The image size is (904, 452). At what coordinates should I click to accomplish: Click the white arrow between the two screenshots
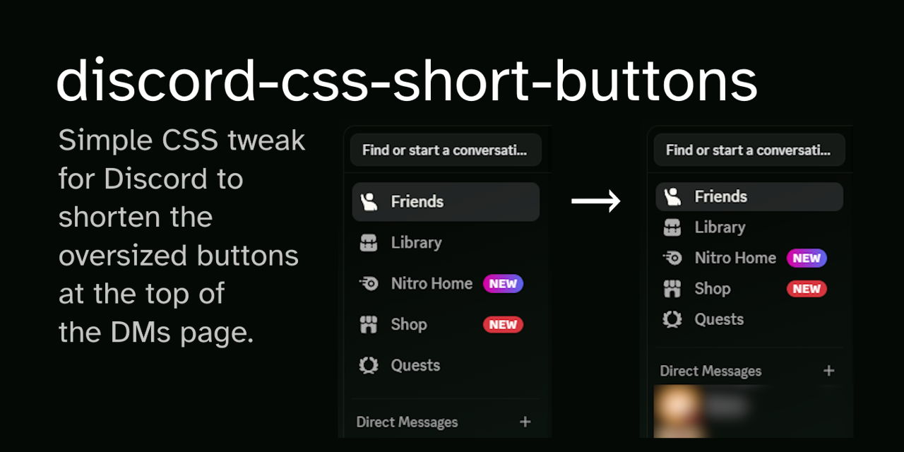coord(595,202)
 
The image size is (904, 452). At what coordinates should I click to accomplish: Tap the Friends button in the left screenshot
coord(446,202)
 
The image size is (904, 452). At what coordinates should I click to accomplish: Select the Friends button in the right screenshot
coord(749,197)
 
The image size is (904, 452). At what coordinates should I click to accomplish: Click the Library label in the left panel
coord(416,243)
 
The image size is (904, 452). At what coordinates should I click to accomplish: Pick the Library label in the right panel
coord(720,227)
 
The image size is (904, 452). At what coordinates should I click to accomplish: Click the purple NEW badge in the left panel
coord(503,284)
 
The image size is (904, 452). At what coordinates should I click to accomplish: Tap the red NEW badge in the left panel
coord(503,325)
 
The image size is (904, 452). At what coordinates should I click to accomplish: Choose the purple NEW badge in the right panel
coord(807,258)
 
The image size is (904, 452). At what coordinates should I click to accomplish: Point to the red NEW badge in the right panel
coord(807,289)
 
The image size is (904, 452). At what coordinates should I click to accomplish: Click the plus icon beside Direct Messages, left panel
coord(525,422)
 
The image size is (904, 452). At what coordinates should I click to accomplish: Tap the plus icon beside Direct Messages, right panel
coord(828,371)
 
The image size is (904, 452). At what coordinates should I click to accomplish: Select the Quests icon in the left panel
coord(369,366)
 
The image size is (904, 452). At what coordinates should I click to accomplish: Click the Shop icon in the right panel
coord(672,289)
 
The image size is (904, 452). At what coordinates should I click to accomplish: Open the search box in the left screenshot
coord(446,150)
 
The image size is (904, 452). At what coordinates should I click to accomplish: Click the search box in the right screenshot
coord(749,150)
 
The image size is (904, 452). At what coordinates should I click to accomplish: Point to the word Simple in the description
coord(95,141)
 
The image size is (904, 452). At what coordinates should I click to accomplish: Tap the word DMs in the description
coord(140,332)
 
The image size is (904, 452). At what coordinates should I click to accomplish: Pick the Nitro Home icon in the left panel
coord(369,284)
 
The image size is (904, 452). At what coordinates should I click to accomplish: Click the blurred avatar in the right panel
coord(679,410)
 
